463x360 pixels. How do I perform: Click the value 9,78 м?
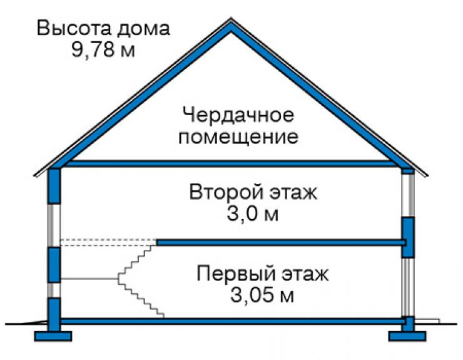(103, 49)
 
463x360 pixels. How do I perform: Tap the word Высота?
(74, 28)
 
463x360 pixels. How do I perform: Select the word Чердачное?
(238, 115)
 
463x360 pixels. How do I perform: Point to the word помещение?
(238, 136)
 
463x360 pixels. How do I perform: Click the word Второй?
(226, 192)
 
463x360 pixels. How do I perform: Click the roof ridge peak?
(231, 19)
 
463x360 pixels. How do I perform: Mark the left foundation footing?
(53, 336)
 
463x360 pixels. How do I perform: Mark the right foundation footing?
(407, 336)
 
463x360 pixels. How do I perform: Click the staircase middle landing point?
(119, 279)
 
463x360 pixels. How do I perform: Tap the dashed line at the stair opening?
(108, 242)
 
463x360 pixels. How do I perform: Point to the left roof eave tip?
(35, 175)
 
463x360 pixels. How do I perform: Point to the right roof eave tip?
(427, 175)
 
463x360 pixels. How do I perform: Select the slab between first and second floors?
(280, 243)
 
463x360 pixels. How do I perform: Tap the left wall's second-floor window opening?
(54, 225)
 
